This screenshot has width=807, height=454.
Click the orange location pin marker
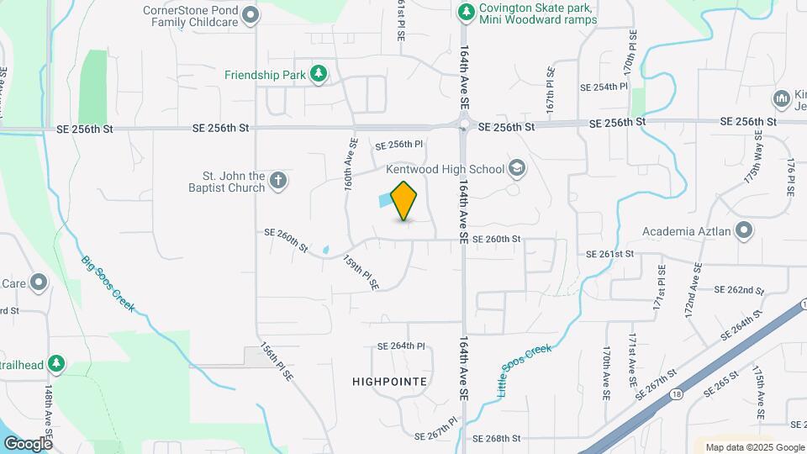[x=404, y=200]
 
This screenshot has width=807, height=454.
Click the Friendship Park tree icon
[x=319, y=75]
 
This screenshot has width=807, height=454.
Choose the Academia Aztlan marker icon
[x=744, y=230]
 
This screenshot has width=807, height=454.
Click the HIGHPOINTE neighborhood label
[x=390, y=382]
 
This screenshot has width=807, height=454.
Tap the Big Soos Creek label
[x=108, y=282]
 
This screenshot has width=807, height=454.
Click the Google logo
[x=28, y=443]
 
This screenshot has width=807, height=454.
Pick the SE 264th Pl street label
[x=402, y=346]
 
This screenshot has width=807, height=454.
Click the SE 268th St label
[x=497, y=439]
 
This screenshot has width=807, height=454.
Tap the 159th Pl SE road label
[x=361, y=272]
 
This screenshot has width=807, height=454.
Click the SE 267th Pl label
[x=436, y=429]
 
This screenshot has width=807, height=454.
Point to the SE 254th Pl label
[x=604, y=87]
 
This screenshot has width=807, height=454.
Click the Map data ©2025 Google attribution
[x=753, y=447]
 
